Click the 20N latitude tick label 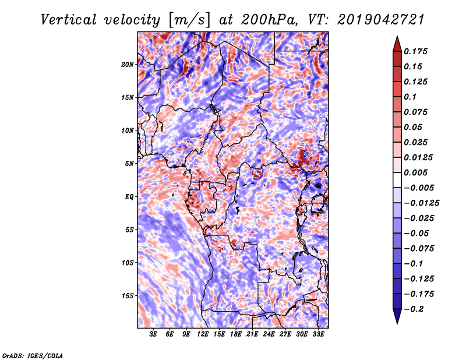pyautogui.click(x=128, y=65)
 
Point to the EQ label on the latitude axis pyautogui.click(x=129, y=197)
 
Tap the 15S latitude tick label pyautogui.click(x=128, y=296)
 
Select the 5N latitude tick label pyautogui.click(x=129, y=164)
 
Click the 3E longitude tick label pyautogui.click(x=153, y=334)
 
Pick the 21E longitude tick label pyautogui.click(x=252, y=334)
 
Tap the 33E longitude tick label pyautogui.click(x=318, y=334)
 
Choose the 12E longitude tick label pyautogui.click(x=203, y=334)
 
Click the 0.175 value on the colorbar pyautogui.click(x=415, y=51)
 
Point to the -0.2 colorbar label pyautogui.click(x=414, y=309)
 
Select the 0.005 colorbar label pyautogui.click(x=415, y=172)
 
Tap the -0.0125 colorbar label pyautogui.click(x=421, y=203)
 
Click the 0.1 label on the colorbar pyautogui.click(x=410, y=97)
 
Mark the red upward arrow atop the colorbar pyautogui.click(x=397, y=44)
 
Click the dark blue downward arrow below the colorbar pyautogui.click(x=397, y=316)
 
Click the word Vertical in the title pyautogui.click(x=69, y=20)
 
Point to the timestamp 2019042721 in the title pyautogui.click(x=381, y=20)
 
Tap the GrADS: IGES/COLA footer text pyautogui.click(x=33, y=356)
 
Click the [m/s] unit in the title pyautogui.click(x=189, y=20)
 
